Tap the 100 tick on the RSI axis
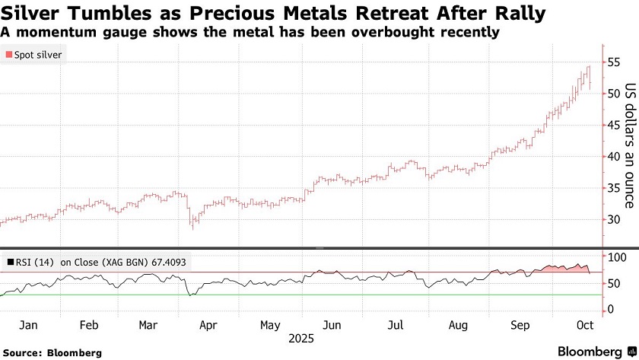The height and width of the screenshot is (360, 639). click(615, 257)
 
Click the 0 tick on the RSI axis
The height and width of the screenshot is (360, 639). click(609, 310)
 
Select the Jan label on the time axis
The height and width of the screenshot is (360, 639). click(28, 325)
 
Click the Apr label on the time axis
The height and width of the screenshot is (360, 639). click(208, 325)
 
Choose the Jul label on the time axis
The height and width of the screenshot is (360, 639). click(395, 325)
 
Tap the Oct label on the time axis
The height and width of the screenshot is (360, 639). click(584, 325)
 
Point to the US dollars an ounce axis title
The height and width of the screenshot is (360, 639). click(629, 145)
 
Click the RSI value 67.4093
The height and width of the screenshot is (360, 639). click(167, 263)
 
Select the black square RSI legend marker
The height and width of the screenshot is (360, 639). click(10, 263)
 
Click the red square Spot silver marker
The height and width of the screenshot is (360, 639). click(9, 55)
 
